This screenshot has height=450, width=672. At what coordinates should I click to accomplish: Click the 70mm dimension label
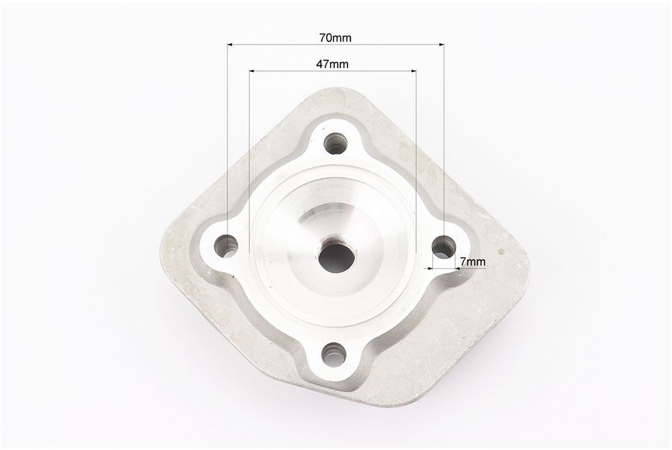335,38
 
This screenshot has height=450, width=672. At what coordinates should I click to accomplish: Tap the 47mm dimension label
333,64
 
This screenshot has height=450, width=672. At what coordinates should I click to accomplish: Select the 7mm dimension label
472,261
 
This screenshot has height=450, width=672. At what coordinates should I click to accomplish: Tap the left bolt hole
226,247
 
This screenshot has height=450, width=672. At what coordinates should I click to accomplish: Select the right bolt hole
444,247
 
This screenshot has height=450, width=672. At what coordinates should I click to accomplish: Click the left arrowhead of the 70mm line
230,44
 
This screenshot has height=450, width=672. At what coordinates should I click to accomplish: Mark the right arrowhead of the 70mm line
442,44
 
